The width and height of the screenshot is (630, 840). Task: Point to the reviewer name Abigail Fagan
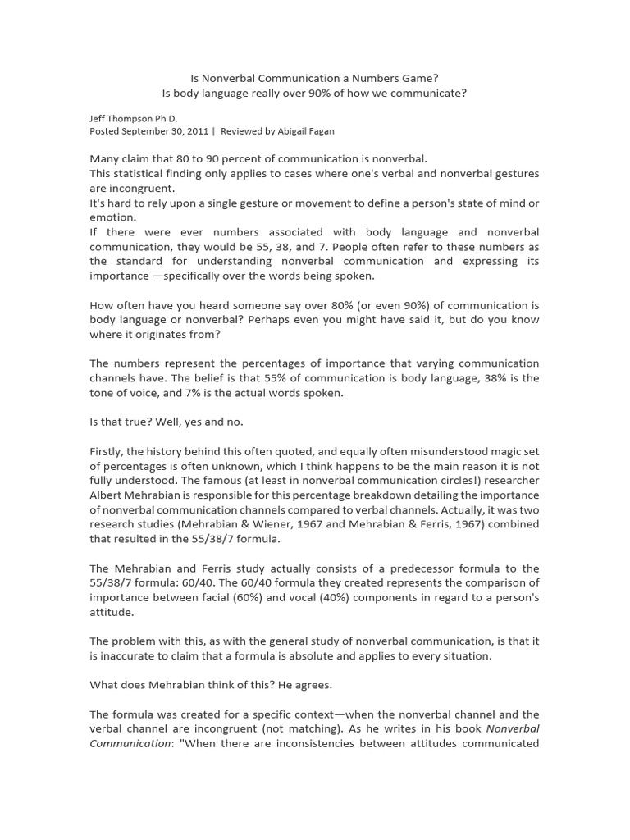coord(304,130)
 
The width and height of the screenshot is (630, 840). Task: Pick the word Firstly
coord(107,451)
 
